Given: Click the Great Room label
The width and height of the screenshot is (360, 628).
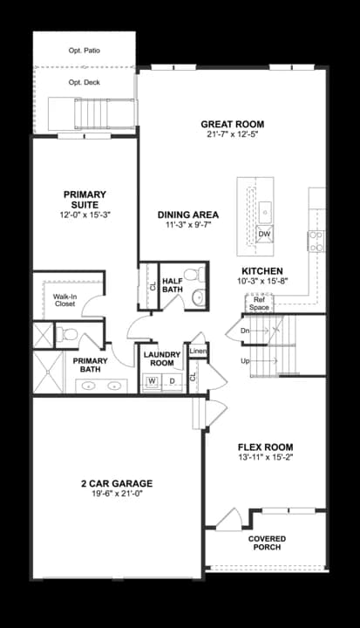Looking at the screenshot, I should (232, 125).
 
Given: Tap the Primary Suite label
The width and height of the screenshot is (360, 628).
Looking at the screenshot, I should (85, 200).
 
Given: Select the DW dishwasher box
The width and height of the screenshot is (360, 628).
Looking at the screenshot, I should (264, 234).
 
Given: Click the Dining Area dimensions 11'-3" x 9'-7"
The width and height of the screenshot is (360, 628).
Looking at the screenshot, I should (188, 224).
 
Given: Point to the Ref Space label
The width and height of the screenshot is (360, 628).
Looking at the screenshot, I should (259, 304).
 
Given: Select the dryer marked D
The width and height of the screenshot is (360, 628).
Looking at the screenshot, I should (172, 381).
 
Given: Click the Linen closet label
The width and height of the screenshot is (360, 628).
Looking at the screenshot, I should (198, 352).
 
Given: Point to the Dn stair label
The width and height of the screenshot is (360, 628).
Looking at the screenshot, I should (246, 331).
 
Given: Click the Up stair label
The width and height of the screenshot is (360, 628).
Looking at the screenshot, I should (246, 359).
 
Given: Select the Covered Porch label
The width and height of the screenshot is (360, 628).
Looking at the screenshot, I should (266, 543).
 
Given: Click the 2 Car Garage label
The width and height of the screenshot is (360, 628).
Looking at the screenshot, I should (116, 482).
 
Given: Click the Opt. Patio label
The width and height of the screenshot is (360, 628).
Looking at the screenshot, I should (84, 51).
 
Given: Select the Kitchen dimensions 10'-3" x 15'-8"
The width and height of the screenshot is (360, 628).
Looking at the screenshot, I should (266, 281).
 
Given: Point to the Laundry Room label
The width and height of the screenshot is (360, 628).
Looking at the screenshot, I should (161, 358).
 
